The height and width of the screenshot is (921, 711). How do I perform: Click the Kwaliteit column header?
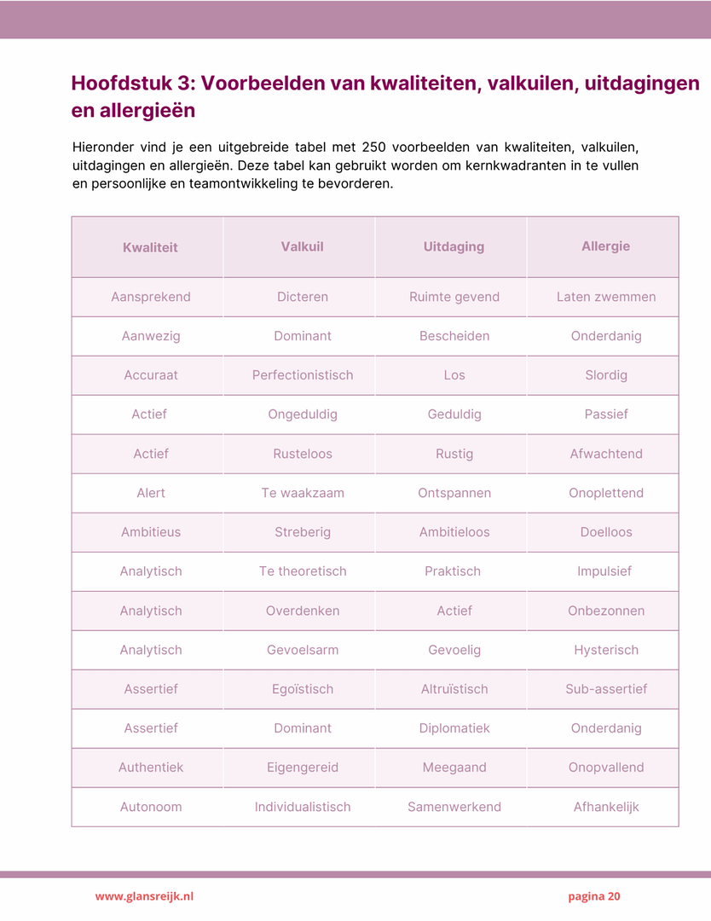(150, 247)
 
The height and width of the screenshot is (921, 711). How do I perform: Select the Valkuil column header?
(302, 246)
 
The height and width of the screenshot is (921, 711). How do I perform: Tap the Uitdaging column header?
(454, 246)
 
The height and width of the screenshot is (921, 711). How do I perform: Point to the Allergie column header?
(605, 246)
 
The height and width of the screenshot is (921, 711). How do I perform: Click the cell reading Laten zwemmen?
(605, 297)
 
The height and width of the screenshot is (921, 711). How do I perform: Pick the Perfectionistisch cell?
(302, 375)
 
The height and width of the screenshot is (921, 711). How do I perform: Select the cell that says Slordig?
(605, 375)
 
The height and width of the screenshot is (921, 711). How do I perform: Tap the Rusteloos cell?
(302, 454)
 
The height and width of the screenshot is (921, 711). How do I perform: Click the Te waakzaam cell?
(302, 493)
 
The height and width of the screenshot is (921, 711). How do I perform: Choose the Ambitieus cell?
(150, 532)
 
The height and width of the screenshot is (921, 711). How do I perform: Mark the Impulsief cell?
(604, 571)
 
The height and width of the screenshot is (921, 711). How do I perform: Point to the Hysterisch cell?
(605, 650)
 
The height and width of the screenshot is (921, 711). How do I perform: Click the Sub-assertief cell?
(605, 689)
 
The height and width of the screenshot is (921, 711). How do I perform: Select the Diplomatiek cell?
(454, 728)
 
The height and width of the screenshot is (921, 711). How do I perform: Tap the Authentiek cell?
(150, 767)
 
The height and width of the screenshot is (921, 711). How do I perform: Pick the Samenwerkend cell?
(454, 807)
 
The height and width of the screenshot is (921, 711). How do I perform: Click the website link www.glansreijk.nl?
(144, 896)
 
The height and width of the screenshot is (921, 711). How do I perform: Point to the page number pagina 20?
(594, 896)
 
